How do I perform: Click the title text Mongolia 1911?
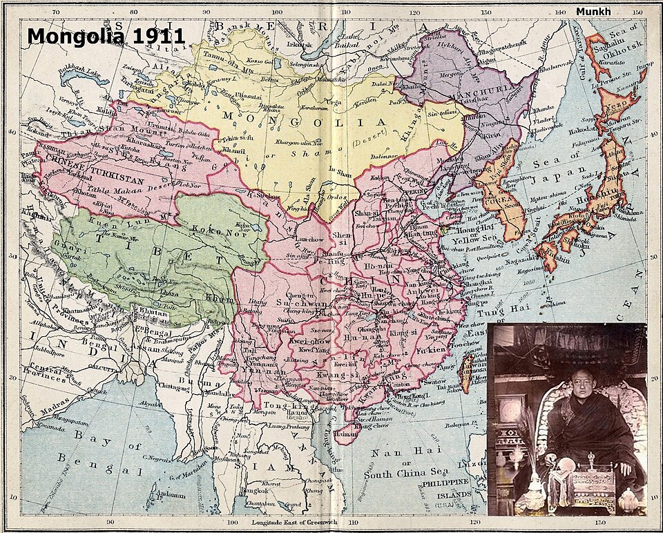[x=106, y=36]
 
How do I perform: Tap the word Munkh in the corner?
[x=593, y=12]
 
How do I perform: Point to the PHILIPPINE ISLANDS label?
[x=445, y=487]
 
